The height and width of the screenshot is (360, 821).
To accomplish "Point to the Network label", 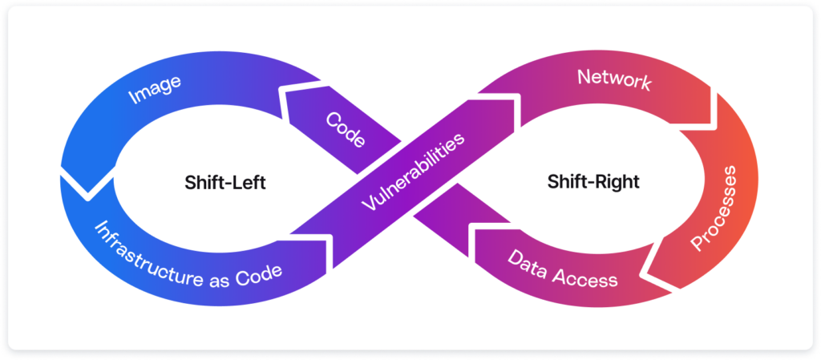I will click(x=614, y=80).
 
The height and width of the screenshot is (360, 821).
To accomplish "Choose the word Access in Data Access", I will click(x=589, y=278).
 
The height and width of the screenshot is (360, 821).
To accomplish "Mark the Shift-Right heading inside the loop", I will click(x=593, y=182).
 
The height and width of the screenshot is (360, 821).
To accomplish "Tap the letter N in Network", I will click(x=584, y=77).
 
